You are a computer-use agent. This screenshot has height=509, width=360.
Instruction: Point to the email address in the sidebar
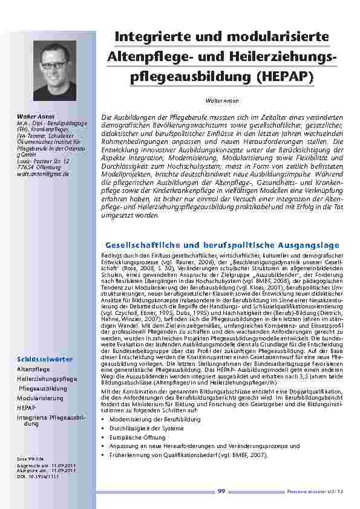(x=43, y=173)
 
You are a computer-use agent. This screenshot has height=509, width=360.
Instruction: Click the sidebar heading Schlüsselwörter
(x=45, y=359)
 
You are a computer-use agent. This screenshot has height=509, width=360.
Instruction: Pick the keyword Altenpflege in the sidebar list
(x=33, y=368)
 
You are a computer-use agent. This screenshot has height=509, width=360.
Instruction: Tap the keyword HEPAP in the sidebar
(x=26, y=409)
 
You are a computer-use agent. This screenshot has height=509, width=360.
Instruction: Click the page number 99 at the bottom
(x=221, y=491)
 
